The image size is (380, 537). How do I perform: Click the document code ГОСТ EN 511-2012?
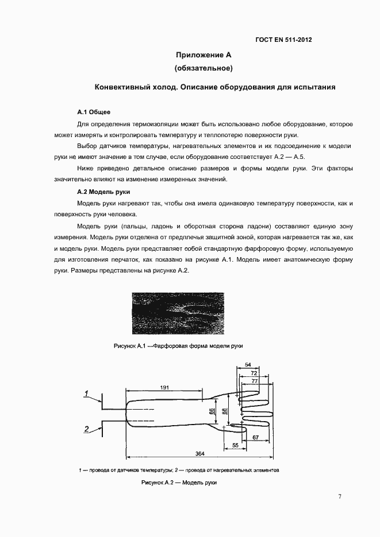click(x=283, y=40)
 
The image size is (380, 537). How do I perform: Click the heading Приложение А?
click(x=203, y=55)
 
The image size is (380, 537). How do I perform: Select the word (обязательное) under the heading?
click(x=203, y=68)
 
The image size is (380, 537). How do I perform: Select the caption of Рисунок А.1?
click(x=178, y=347)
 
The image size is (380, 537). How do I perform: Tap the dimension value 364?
click(x=199, y=454)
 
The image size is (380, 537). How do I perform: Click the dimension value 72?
click(x=254, y=372)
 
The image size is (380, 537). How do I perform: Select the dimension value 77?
click(x=255, y=380)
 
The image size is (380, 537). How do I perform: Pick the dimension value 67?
click(x=255, y=438)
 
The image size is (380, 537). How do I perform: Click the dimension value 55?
click(x=235, y=445)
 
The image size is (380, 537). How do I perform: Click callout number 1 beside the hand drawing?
click(x=86, y=393)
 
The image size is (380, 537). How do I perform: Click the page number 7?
click(x=340, y=496)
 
